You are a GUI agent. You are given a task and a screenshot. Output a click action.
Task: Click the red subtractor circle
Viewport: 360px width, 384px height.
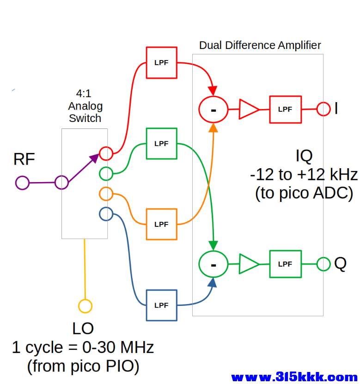click(x=199, y=110)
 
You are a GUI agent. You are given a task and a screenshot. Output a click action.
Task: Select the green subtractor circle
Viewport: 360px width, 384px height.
click(x=199, y=264)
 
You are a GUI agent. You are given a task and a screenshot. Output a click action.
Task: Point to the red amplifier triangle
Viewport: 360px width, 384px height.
click(x=240, y=109)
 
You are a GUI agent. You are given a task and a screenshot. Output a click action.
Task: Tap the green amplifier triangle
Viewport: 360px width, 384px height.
click(x=240, y=264)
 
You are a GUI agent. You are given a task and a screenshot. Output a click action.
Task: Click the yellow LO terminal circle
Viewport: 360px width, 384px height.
click(x=79, y=306)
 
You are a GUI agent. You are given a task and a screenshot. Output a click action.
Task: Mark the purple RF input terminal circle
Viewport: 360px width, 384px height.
click(x=16, y=183)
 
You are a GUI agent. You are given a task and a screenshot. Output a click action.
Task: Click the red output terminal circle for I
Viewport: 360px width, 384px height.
click(x=317, y=109)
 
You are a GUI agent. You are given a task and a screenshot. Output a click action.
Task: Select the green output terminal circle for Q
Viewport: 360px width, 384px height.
click(x=317, y=264)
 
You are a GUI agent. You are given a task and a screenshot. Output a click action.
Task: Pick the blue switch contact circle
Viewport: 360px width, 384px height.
click(x=99, y=214)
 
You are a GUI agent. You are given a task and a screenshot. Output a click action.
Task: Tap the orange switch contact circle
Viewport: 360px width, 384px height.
click(x=99, y=194)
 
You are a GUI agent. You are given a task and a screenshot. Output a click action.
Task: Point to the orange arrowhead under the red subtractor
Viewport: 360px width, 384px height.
click(x=213, y=128)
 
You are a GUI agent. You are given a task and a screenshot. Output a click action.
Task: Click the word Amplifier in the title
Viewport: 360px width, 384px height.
click(x=299, y=45)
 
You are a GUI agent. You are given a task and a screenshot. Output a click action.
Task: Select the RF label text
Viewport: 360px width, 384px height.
click(x=24, y=159)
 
